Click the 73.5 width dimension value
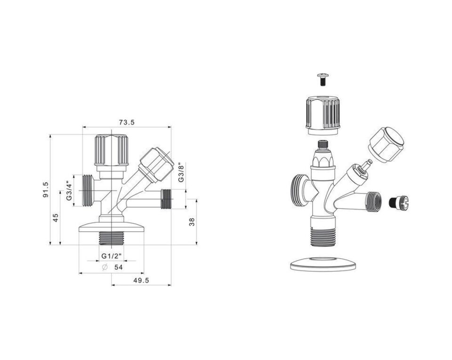127,122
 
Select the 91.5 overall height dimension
46,189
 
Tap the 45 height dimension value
56,218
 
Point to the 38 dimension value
192,221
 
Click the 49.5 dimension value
141,280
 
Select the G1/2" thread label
112,256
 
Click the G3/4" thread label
69,191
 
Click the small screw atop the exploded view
323,79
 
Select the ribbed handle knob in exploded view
323,113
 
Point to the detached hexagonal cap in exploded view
386,144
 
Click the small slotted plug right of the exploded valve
399,203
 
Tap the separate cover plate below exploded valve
323,264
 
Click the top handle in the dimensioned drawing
112,150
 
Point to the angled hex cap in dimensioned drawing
155,164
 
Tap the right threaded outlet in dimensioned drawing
167,199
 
